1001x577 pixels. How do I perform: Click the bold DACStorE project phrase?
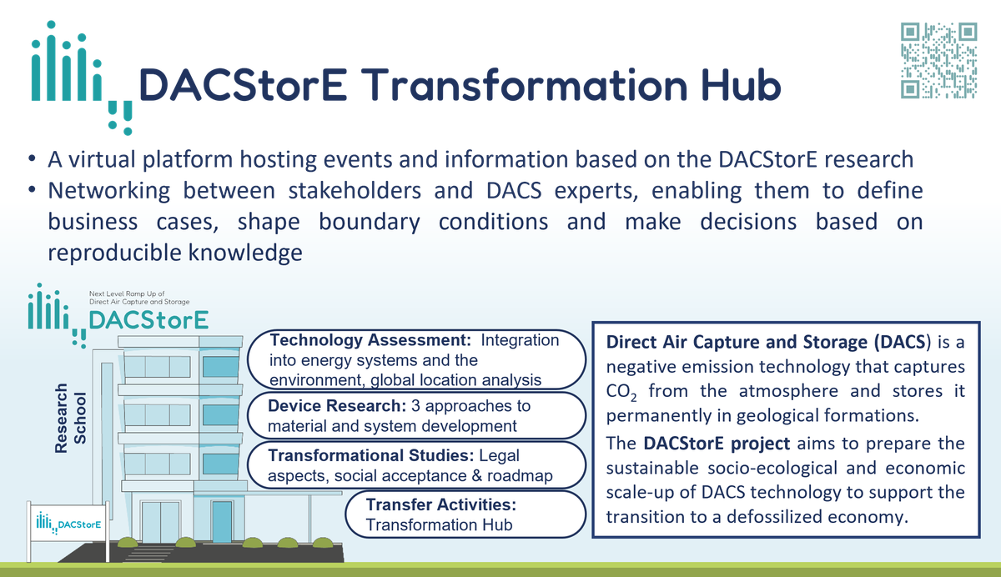coord(714,444)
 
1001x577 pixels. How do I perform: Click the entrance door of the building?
coord(221,521)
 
